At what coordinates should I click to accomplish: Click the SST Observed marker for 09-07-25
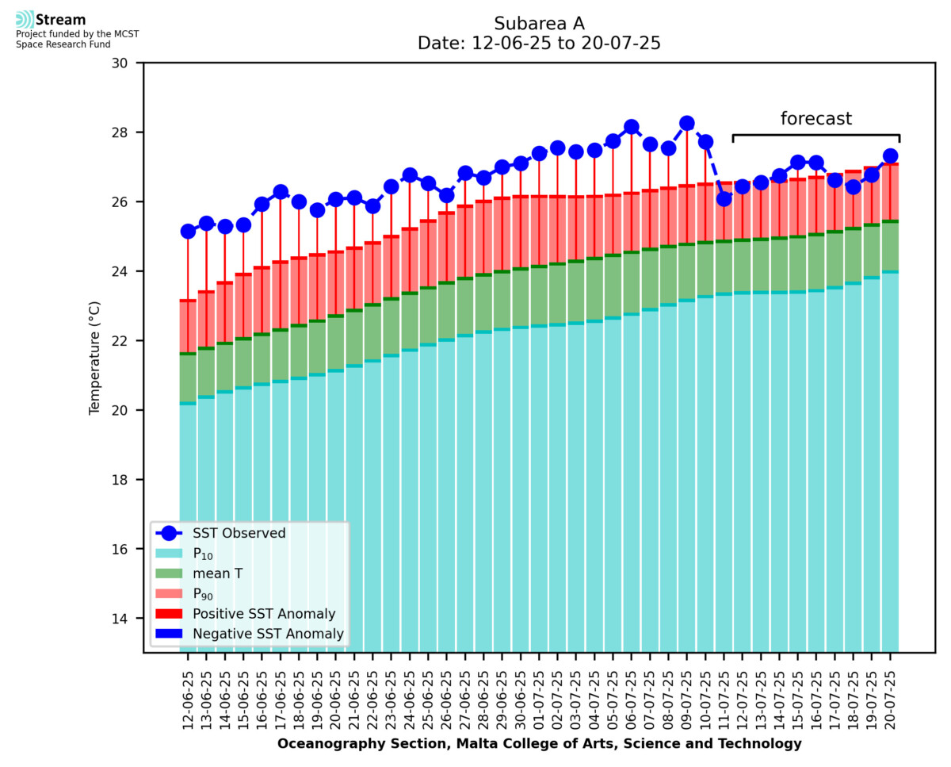pos(687,123)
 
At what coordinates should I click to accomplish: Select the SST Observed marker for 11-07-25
pos(724,198)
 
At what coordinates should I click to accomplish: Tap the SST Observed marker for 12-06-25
pos(188,232)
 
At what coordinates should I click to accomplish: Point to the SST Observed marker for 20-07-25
pos(890,156)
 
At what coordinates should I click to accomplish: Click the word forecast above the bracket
pos(816,119)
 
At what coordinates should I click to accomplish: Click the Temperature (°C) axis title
pos(95,357)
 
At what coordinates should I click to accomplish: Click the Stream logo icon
pos(25,19)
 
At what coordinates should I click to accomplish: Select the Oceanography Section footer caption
pos(539,744)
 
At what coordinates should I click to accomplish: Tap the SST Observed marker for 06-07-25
pos(632,127)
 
